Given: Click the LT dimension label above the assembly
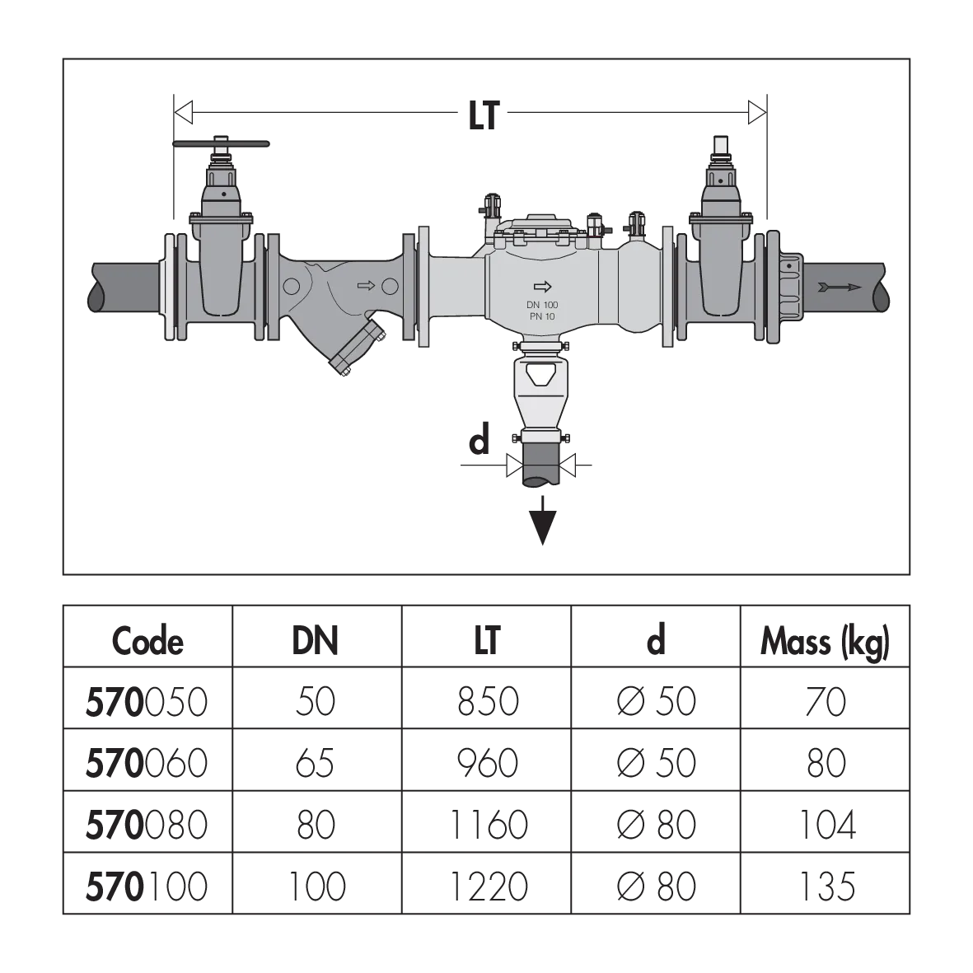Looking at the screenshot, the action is pyautogui.click(x=484, y=115).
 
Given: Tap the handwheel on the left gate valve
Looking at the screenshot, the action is pyautogui.click(x=221, y=144).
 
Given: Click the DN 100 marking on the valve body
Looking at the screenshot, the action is pyautogui.click(x=542, y=305).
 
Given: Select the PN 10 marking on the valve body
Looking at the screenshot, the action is pyautogui.click(x=542, y=316).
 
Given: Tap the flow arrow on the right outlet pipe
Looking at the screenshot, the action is pyautogui.click(x=840, y=288).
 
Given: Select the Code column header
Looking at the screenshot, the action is pyautogui.click(x=147, y=641).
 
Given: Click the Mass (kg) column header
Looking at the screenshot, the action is pyautogui.click(x=826, y=643).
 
